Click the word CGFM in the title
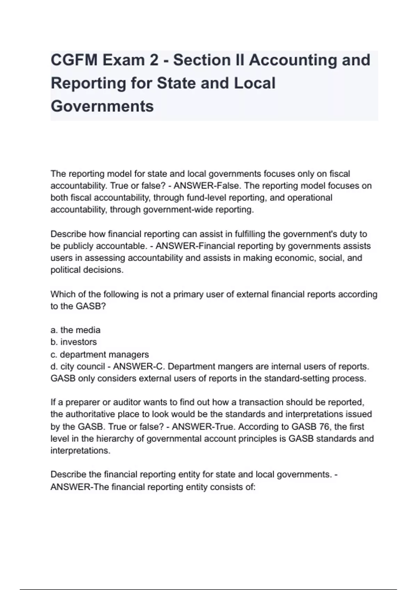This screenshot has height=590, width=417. pos(73,60)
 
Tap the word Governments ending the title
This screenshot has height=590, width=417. pos(102,106)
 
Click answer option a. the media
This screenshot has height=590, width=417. pos(75,330)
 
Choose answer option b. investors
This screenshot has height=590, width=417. pos(74,342)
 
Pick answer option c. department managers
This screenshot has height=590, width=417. pos(100,354)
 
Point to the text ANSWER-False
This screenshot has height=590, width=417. pos(206,186)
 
